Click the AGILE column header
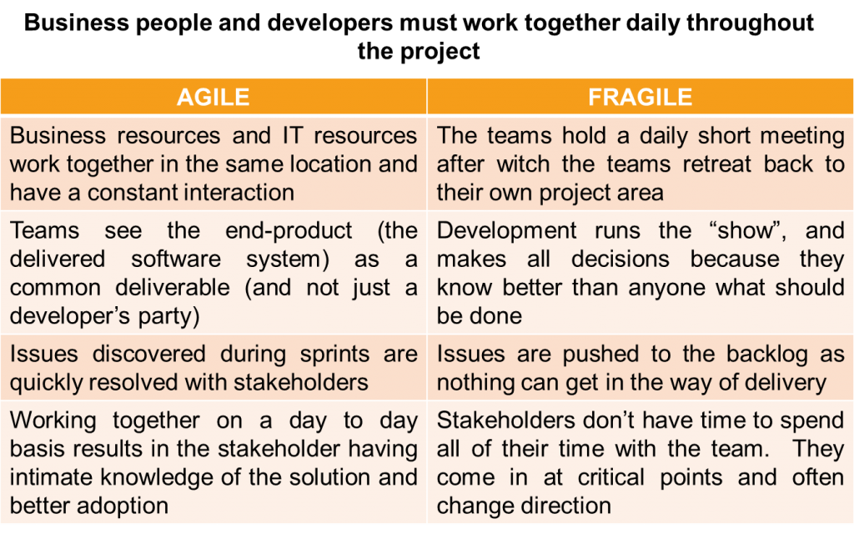click(x=213, y=97)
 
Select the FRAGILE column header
click(x=640, y=97)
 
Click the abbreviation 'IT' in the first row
click(x=293, y=136)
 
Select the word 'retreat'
click(x=717, y=164)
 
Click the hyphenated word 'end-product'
click(x=289, y=231)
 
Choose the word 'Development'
click(x=506, y=231)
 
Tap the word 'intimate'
click(x=51, y=478)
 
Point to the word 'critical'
click(x=611, y=478)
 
